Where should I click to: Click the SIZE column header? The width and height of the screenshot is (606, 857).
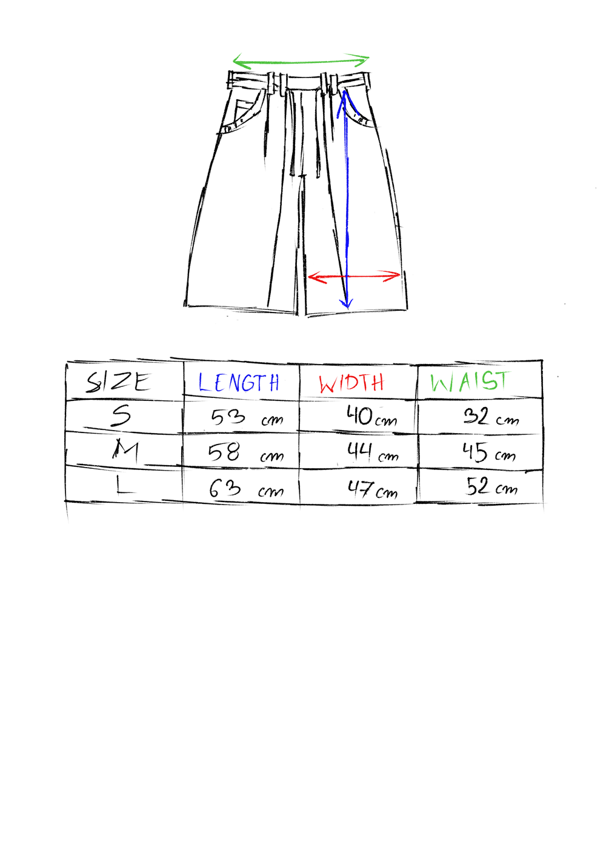pyautogui.click(x=118, y=382)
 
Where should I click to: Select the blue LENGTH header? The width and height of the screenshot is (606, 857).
pyautogui.click(x=239, y=382)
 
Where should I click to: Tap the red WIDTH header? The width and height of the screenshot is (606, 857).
pyautogui.click(x=351, y=383)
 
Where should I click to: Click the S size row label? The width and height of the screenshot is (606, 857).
pyautogui.click(x=121, y=416)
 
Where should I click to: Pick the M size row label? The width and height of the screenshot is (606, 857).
pyautogui.click(x=125, y=448)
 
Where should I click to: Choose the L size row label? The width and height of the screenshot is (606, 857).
pyautogui.click(x=124, y=486)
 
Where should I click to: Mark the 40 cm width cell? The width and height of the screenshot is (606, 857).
pyautogui.click(x=371, y=416)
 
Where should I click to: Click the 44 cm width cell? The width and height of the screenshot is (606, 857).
pyautogui.click(x=373, y=452)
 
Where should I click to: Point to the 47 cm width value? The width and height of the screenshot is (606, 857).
pyautogui.click(x=373, y=489)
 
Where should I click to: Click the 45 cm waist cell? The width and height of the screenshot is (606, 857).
pyautogui.click(x=489, y=452)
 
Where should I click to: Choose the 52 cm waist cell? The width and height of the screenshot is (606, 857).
pyautogui.click(x=491, y=487)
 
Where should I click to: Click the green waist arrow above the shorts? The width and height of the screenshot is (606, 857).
pyautogui.click(x=301, y=61)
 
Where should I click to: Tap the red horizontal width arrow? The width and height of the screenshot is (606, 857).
pyautogui.click(x=354, y=276)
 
